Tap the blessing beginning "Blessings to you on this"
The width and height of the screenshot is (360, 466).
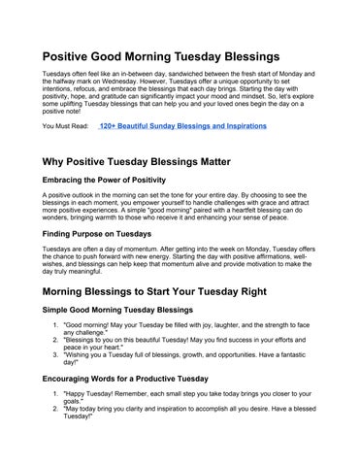point(184,341)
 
